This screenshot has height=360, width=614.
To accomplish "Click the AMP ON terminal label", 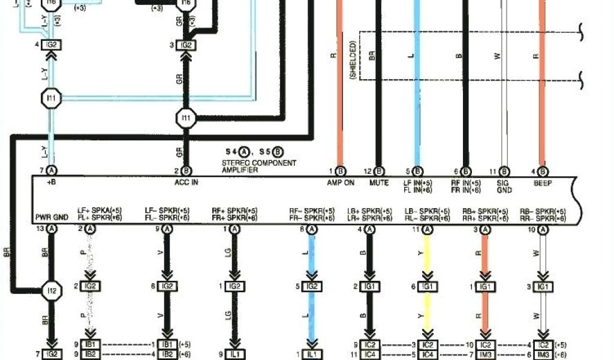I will [x=341, y=183].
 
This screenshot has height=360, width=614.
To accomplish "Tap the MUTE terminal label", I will [x=379, y=183].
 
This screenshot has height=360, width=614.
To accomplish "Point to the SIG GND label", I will [x=504, y=186].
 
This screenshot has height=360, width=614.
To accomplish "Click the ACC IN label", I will [x=186, y=183].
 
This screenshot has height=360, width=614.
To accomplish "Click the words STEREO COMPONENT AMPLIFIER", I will [x=259, y=166].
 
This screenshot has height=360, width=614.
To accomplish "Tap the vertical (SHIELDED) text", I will [x=354, y=60].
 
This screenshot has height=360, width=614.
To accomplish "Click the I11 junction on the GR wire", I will [x=186, y=118].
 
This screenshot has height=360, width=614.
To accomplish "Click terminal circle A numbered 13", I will [x=52, y=229].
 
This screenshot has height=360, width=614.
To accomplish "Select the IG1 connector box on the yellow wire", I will [x=428, y=287].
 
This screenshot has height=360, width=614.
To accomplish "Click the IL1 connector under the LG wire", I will [x=234, y=354].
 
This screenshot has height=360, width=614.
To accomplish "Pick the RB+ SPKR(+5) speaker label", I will [x=483, y=211].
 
